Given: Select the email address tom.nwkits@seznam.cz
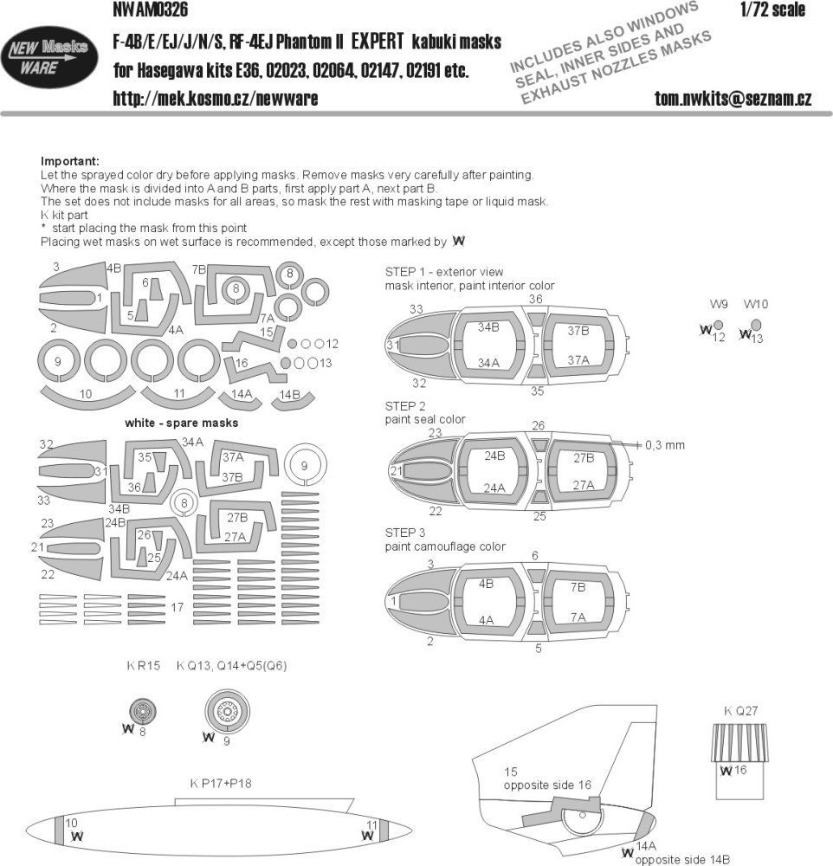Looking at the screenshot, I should coord(733,99).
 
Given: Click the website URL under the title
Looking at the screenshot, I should coord(215,99).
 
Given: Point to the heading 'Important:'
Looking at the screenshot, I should coord(70,162).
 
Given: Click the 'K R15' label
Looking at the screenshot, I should coord(142,666).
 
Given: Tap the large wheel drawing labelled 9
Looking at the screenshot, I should coord(227,712).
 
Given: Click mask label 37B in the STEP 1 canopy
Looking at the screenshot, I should coord(578,331).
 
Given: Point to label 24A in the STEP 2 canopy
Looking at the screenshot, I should coord(495,488).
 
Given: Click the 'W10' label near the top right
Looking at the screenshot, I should coord(755,305).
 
